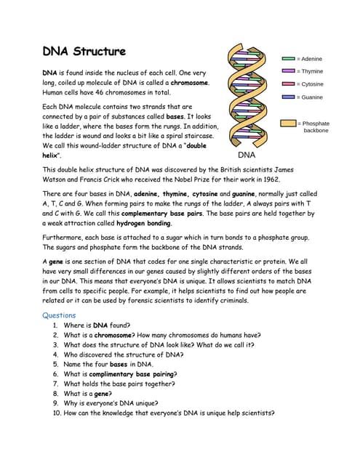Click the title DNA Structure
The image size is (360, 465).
(x=84, y=52)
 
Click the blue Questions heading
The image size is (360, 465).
(x=59, y=315)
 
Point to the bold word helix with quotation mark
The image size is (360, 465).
(x=52, y=155)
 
